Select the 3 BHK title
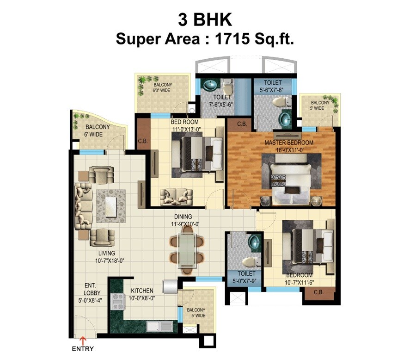click(205, 20)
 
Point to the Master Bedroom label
click(289, 143)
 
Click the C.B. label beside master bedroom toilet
click(243, 124)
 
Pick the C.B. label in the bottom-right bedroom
click(318, 292)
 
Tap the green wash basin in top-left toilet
click(211, 86)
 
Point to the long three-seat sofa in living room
click(84, 204)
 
